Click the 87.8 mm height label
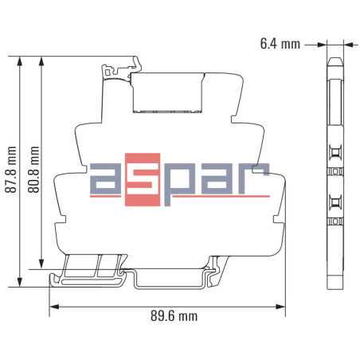pos(10,170)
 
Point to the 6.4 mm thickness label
pos(280,45)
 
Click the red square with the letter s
pos(140,182)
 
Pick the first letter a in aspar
pos(106,182)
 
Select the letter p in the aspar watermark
pos(175,185)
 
